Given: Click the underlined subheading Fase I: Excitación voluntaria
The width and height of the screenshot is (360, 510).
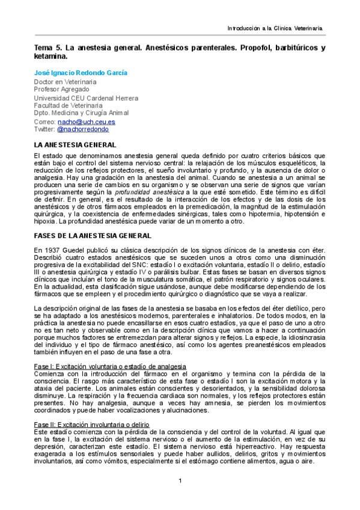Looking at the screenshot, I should pyautogui.click(x=109, y=366).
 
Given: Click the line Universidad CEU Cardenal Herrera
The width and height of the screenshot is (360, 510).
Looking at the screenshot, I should pyautogui.click(x=86, y=98).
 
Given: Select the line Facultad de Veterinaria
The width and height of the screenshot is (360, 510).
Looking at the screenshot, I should pyautogui.click(x=68, y=105).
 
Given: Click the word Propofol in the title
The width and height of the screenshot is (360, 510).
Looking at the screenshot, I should pyautogui.click(x=256, y=48).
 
